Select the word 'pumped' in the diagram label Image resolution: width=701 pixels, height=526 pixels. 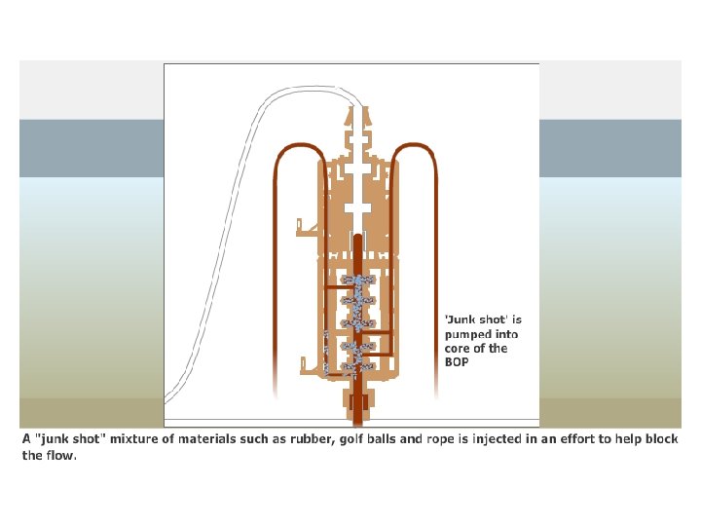pyautogui.click(x=465, y=333)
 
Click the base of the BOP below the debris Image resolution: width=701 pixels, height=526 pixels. pyautogui.click(x=356, y=400)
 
